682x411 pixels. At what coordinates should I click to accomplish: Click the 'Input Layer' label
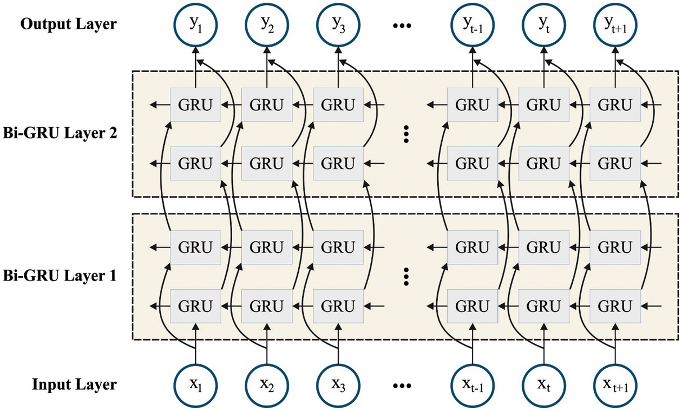click(x=74, y=385)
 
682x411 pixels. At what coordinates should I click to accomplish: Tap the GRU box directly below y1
click(x=196, y=105)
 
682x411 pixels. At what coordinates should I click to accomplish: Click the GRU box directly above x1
click(x=196, y=306)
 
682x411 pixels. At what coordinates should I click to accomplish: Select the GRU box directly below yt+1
click(x=615, y=105)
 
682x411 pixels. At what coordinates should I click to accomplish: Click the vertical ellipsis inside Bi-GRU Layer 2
click(x=406, y=133)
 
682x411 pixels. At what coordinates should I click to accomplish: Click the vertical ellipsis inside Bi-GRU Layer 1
click(x=406, y=276)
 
